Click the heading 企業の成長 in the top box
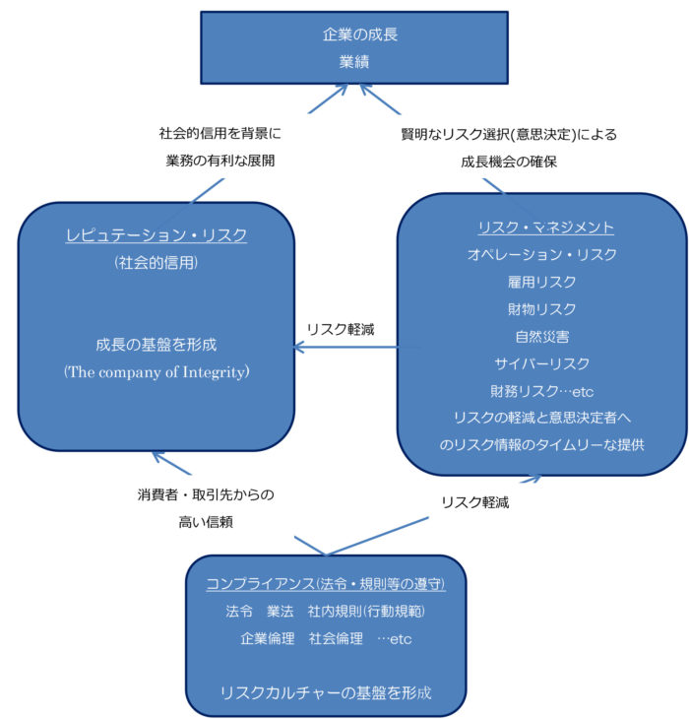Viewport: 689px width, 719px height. coord(360,34)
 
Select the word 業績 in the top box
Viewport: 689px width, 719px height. coord(354,61)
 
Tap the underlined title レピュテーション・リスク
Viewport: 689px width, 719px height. coord(157,235)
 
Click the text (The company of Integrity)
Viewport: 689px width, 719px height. coord(157,372)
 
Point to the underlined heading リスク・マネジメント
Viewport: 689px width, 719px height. coord(545,228)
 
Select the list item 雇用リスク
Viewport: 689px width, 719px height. coord(541,282)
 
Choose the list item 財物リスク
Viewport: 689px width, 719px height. coord(541,309)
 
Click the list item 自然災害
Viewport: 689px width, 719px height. coord(542,337)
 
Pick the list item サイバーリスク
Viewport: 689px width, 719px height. coord(542,363)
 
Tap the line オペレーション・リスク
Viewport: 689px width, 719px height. coord(542,254)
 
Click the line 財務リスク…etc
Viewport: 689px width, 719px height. coord(542,391)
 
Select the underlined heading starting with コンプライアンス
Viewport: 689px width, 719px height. coord(326,584)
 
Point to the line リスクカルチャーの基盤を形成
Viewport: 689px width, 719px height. coord(326,692)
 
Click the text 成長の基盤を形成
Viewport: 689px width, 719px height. coord(157,345)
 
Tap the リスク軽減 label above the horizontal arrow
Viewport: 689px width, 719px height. coord(341,329)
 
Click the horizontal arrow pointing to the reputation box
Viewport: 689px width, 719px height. coord(357,348)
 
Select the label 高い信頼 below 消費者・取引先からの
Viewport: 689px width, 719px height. coord(206,522)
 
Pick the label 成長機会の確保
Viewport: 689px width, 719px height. coord(509,162)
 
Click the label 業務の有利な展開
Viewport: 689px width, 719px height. coord(220,161)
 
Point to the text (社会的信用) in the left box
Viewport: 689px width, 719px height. coord(157,262)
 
